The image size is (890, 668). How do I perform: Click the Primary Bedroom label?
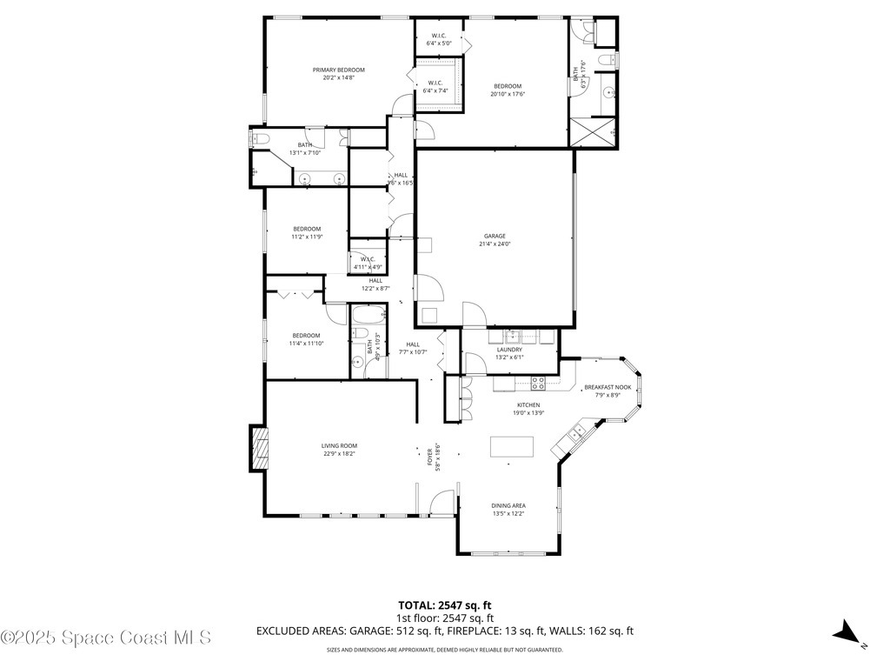tap(339, 70)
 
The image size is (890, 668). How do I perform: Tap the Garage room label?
tap(495, 236)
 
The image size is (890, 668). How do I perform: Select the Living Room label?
tap(339, 445)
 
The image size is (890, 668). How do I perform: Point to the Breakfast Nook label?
tap(608, 387)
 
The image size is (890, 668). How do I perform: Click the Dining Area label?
tap(508, 505)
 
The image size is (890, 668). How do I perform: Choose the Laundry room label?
tap(509, 350)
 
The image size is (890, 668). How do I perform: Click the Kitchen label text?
tap(528, 405)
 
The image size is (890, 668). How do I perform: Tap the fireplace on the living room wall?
tap(259, 447)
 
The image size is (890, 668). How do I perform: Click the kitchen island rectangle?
tap(510, 446)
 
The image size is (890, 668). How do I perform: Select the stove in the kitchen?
tap(538, 381)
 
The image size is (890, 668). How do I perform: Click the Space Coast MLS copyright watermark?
tap(106, 638)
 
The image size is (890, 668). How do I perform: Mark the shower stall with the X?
tap(593, 133)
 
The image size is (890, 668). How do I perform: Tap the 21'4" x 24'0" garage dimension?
tap(495, 244)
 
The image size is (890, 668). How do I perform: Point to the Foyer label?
tap(429, 456)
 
